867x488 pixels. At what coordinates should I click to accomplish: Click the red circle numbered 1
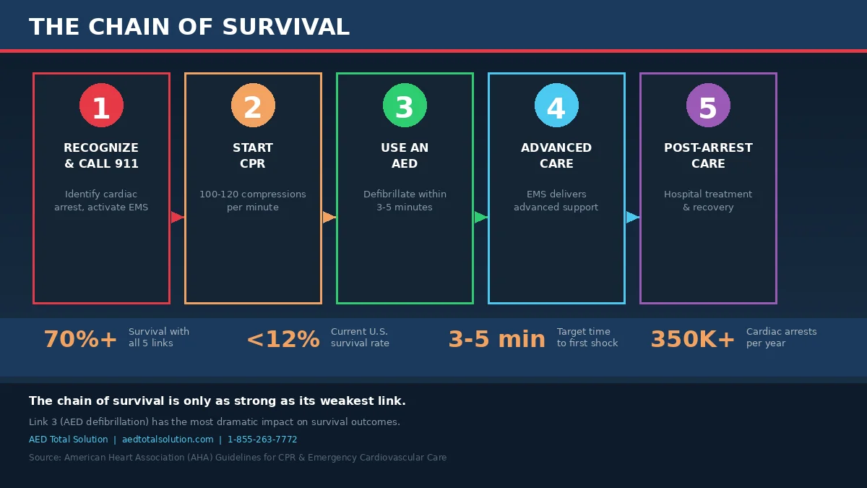[x=101, y=106]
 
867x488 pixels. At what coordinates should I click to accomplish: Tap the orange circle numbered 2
[x=253, y=106]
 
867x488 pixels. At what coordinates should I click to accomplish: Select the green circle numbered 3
[x=405, y=106]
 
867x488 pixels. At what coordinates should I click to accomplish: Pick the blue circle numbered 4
[x=556, y=106]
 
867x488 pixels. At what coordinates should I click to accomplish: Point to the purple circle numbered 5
[x=708, y=106]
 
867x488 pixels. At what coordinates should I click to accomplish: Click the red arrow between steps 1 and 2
[x=178, y=218]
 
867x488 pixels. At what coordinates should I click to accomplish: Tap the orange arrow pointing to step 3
[x=329, y=218]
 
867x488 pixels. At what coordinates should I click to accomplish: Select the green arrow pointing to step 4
[x=481, y=218]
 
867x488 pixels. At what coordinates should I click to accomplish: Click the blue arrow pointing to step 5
[x=633, y=218]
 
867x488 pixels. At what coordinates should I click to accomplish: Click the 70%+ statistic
[x=80, y=339]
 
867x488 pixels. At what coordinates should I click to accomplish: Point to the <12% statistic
[x=283, y=339]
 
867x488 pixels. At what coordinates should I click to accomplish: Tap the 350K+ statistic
[x=692, y=339]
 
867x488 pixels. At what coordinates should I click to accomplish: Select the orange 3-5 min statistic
[x=497, y=339]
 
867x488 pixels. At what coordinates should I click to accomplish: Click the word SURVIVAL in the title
[x=286, y=27]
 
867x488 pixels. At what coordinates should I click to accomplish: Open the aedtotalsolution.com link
[x=168, y=440]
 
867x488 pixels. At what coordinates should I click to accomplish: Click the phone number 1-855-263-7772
[x=262, y=440]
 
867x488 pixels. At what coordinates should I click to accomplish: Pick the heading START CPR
[x=253, y=155]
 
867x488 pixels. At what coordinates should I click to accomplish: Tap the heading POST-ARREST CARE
[x=708, y=155]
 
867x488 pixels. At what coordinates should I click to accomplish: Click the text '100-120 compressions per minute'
[x=253, y=201]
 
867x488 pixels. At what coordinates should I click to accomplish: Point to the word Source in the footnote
[x=45, y=458]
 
